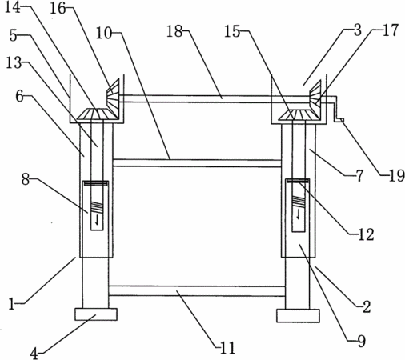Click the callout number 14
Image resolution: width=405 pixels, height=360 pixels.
(13, 7)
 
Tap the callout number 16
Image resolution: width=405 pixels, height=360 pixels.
(58, 9)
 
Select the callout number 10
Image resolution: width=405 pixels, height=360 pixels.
(103, 34)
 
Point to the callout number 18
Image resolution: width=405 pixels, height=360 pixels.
(174, 31)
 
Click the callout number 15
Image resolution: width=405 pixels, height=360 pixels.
(232, 31)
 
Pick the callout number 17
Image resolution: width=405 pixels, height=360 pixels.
(391, 30)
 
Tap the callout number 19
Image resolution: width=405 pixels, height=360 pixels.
(396, 176)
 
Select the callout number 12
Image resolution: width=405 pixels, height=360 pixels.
(366, 234)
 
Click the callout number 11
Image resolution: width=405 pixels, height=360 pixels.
(227, 348)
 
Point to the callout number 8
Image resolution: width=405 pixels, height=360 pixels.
(26, 179)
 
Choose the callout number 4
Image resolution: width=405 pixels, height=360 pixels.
(34, 354)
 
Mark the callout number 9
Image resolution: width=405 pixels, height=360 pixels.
(362, 341)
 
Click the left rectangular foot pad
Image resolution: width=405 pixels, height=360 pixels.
(96, 314)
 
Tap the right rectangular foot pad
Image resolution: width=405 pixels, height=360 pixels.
(298, 316)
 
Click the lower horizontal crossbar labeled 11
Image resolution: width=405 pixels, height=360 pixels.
(197, 291)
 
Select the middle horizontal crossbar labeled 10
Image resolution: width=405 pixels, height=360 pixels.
(197, 163)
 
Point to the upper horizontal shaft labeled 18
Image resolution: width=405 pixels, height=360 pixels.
(215, 98)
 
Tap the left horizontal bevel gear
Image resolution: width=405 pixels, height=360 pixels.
(97, 114)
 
